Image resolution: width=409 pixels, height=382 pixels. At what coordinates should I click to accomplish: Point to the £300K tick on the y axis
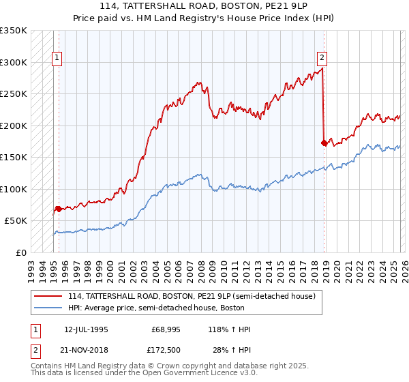click(x=14, y=62)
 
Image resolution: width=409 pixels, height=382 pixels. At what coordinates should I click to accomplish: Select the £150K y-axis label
click(x=14, y=158)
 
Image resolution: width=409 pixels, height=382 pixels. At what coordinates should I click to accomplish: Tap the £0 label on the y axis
click(x=20, y=253)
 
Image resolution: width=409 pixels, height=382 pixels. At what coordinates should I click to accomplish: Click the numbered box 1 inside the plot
click(x=57, y=59)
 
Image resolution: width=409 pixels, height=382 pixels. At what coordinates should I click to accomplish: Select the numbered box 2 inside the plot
click(x=322, y=59)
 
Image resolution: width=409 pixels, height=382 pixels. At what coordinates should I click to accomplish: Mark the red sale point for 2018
click(x=324, y=143)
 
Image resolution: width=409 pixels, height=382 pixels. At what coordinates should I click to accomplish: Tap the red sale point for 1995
click(x=59, y=209)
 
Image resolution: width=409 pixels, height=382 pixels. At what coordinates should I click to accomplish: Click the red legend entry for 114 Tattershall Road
click(x=191, y=297)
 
